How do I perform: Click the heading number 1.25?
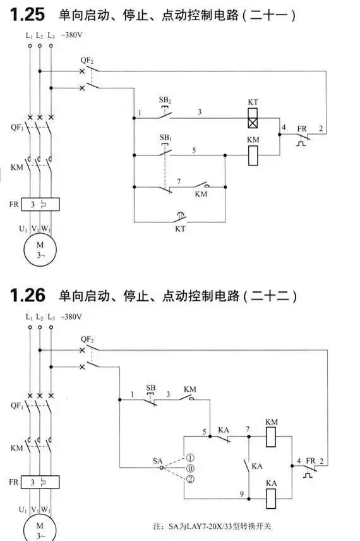(x=28, y=15)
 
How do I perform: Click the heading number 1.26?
(x=28, y=295)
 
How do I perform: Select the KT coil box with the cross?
(x=253, y=118)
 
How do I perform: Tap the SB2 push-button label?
(x=165, y=100)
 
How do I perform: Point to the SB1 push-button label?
(x=165, y=138)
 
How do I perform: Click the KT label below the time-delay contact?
(x=180, y=229)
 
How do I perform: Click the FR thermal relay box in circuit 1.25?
(x=40, y=204)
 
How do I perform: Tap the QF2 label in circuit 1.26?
(x=87, y=339)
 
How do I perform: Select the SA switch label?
(x=158, y=461)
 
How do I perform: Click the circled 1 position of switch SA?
(x=190, y=458)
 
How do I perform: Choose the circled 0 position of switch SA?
(x=190, y=468)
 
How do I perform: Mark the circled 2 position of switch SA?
(x=190, y=479)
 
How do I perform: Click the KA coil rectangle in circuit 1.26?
(x=271, y=499)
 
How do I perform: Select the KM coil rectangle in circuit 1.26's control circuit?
(x=271, y=437)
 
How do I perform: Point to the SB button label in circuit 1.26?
(x=151, y=387)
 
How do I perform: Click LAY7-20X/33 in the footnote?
(x=208, y=526)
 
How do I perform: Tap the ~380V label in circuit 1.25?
(x=71, y=35)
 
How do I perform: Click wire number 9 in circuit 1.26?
(x=242, y=494)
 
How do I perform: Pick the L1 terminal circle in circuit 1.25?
(x=30, y=46)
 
